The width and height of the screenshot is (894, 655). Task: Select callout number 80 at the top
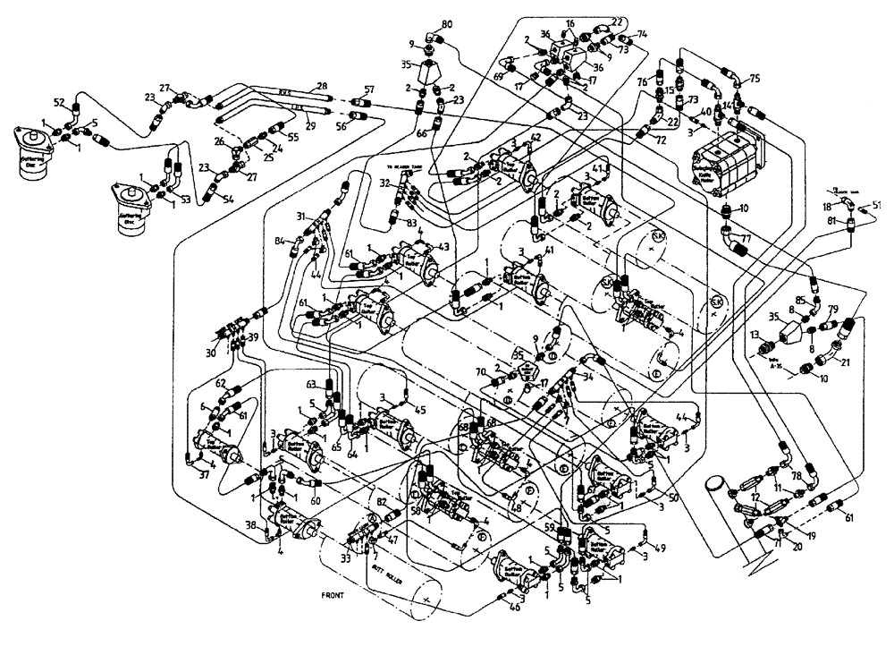[447, 23]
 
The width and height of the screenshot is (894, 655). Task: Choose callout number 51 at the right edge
[876, 205]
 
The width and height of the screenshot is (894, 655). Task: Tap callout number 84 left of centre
[280, 241]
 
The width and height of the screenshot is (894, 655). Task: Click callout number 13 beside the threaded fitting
[754, 335]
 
